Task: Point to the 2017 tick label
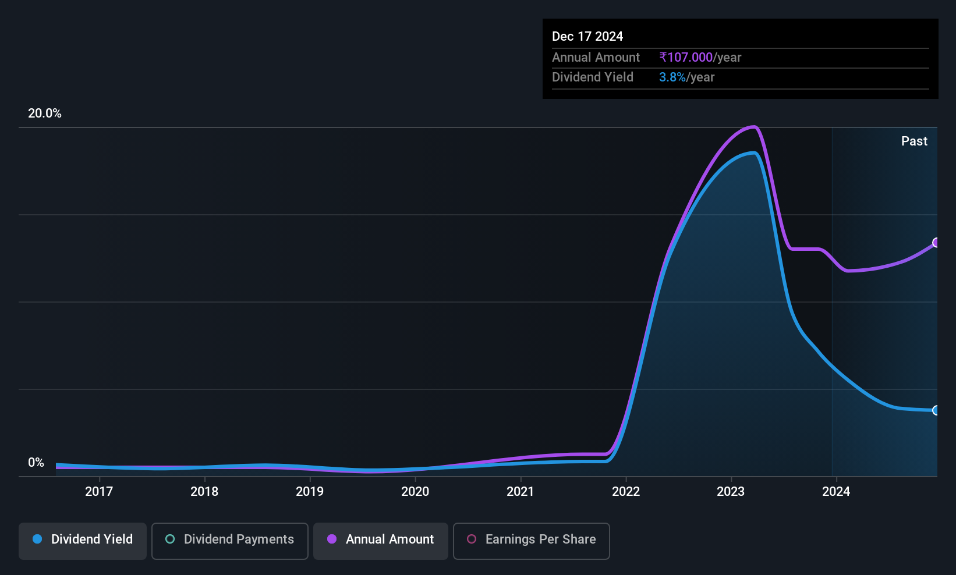tap(99, 492)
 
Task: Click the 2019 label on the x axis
tap(310, 492)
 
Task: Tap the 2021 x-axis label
tap(521, 492)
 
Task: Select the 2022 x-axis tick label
tap(626, 492)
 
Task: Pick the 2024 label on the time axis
tap(836, 492)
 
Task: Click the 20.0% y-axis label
tap(45, 113)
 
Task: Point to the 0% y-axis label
tap(36, 463)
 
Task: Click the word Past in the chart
tap(914, 141)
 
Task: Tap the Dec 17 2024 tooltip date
tap(587, 37)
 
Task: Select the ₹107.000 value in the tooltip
tap(686, 57)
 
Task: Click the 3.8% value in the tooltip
tap(672, 77)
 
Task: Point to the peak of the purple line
tap(754, 127)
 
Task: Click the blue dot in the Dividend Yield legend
tap(38, 539)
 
